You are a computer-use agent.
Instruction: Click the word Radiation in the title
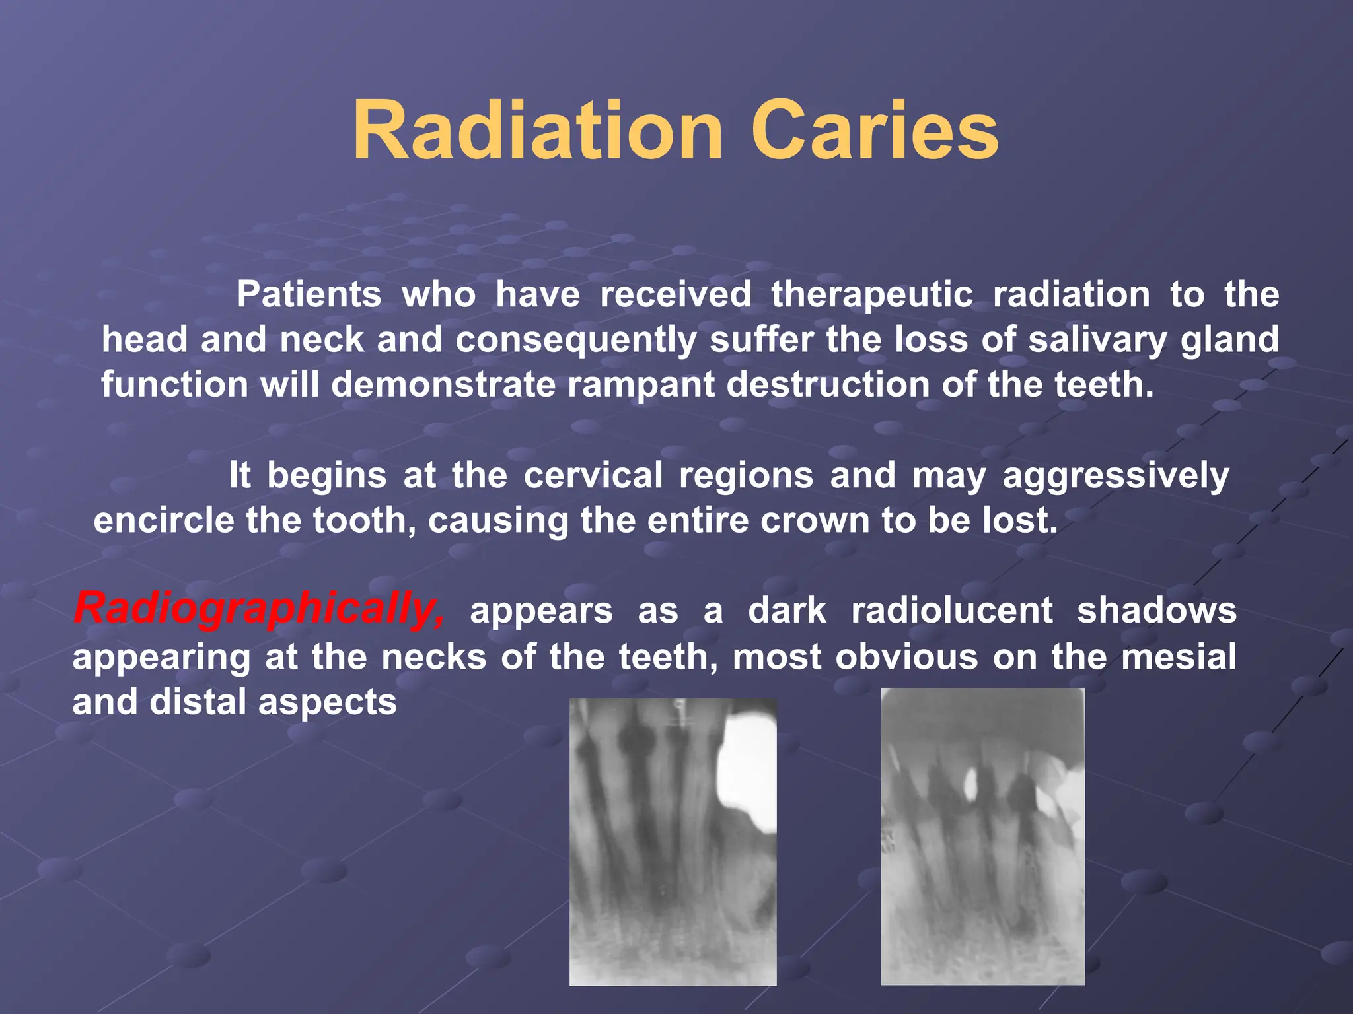coord(538,130)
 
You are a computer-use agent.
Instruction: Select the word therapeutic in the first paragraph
coord(871,294)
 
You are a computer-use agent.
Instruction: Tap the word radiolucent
coord(951,611)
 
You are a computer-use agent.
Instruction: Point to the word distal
coord(198,702)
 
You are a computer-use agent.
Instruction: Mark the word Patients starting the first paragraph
coord(309,294)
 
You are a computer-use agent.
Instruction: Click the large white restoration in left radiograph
coord(747,769)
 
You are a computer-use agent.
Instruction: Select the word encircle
coord(163,520)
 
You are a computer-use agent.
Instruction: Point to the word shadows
coord(1156,611)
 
